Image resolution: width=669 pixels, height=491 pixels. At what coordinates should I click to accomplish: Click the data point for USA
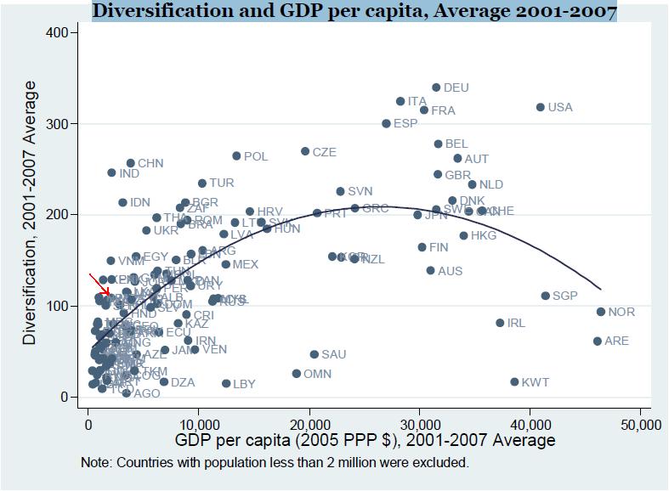[540, 107]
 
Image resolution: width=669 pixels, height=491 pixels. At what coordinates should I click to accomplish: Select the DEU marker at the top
[436, 87]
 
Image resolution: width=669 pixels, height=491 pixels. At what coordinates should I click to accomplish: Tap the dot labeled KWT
[514, 382]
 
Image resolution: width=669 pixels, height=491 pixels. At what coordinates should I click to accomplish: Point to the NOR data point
[601, 312]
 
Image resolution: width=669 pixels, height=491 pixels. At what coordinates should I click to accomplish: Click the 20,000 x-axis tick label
[309, 424]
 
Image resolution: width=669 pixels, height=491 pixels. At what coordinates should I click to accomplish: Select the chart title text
[354, 11]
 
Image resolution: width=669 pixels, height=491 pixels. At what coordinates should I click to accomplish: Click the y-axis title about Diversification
[31, 212]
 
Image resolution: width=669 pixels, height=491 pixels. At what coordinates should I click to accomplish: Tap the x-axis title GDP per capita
[365, 441]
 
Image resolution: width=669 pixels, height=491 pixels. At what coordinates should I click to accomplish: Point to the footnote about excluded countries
[275, 463]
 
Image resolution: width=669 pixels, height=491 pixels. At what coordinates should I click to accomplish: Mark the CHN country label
[150, 163]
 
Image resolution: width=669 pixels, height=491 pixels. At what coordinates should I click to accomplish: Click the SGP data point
[546, 296]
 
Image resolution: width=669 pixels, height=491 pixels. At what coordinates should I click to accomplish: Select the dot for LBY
[226, 384]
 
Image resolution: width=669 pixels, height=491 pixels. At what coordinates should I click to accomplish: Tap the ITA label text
[417, 102]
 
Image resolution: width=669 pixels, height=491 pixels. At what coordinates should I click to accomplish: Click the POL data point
[237, 156]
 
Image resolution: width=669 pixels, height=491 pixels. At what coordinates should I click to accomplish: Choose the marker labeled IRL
[500, 323]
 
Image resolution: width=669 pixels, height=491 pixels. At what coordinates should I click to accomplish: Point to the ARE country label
[617, 341]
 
